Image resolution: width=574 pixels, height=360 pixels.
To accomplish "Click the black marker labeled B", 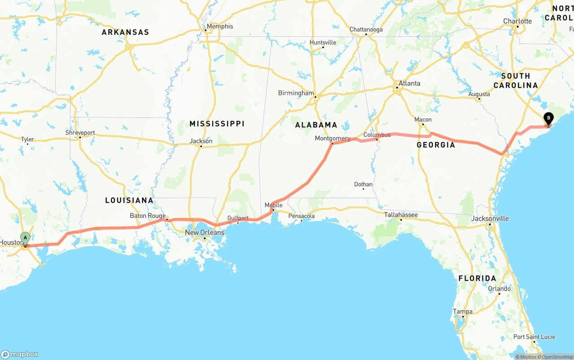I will pos(548,119).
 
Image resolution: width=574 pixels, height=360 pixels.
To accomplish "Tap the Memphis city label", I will pos(220,26).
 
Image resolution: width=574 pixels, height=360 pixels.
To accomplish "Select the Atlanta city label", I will pos(409,83).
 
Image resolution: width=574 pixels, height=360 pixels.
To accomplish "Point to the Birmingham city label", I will pos(296,93).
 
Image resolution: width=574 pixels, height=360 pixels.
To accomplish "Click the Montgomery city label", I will pos(332,139).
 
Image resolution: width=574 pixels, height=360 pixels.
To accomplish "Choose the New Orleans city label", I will pos(204,233).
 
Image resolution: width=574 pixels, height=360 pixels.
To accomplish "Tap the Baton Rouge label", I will pos(148,216).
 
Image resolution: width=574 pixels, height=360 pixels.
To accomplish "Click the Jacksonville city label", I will pos(490,219).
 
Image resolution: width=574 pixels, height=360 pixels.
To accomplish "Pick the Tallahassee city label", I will pos(401,215).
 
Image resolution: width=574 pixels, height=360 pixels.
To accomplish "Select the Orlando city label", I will pos(499,289).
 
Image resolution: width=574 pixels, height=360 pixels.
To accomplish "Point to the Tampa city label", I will pos(462,312).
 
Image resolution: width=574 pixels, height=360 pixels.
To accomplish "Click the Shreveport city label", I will pos(80,133).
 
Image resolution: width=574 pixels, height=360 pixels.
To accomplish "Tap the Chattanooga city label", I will pos(366,30).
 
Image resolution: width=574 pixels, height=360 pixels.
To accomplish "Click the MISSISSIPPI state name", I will pos(217,124).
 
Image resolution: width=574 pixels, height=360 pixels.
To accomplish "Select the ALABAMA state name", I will pos(316,125).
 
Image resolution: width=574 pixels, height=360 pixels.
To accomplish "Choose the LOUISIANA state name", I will pos(129,200).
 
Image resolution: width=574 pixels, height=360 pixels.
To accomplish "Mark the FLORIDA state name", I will pos(477,278).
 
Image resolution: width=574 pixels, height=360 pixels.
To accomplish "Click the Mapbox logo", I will pos(20,354).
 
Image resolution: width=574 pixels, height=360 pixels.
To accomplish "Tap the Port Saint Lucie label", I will pos(534,337).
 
